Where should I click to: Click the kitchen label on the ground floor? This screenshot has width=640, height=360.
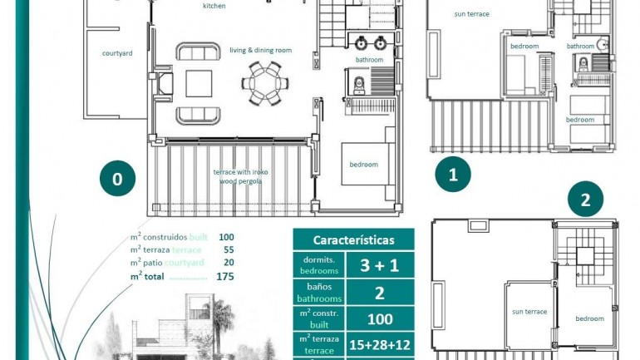tap(214, 6)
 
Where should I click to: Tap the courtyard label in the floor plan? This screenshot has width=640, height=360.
tap(116, 53)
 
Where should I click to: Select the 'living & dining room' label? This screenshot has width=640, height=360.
tap(260, 51)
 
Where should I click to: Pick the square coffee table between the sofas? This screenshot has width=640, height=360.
tap(199, 83)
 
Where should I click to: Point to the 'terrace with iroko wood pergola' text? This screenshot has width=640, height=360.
tap(240, 176)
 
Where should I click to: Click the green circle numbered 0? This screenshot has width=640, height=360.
tap(117, 180)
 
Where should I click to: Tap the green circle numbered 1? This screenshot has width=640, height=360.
tap(453, 175)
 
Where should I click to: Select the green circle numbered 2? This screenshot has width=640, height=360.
tap(585, 200)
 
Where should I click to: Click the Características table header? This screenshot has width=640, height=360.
tap(353, 239)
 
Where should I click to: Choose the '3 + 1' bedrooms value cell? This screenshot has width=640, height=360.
tap(378, 266)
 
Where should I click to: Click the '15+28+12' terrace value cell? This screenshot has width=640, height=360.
tap(378, 344)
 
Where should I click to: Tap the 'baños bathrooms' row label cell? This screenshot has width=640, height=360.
tap(319, 292)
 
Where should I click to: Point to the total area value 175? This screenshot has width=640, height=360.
tap(224, 276)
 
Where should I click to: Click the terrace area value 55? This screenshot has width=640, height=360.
tap(229, 249)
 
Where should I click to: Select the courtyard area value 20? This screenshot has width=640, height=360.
tap(229, 263)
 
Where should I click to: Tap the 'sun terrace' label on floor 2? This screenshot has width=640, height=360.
tap(529, 312)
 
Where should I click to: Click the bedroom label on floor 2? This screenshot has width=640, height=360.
tap(589, 318)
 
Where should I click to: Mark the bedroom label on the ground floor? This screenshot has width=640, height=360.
tap(363, 165)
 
